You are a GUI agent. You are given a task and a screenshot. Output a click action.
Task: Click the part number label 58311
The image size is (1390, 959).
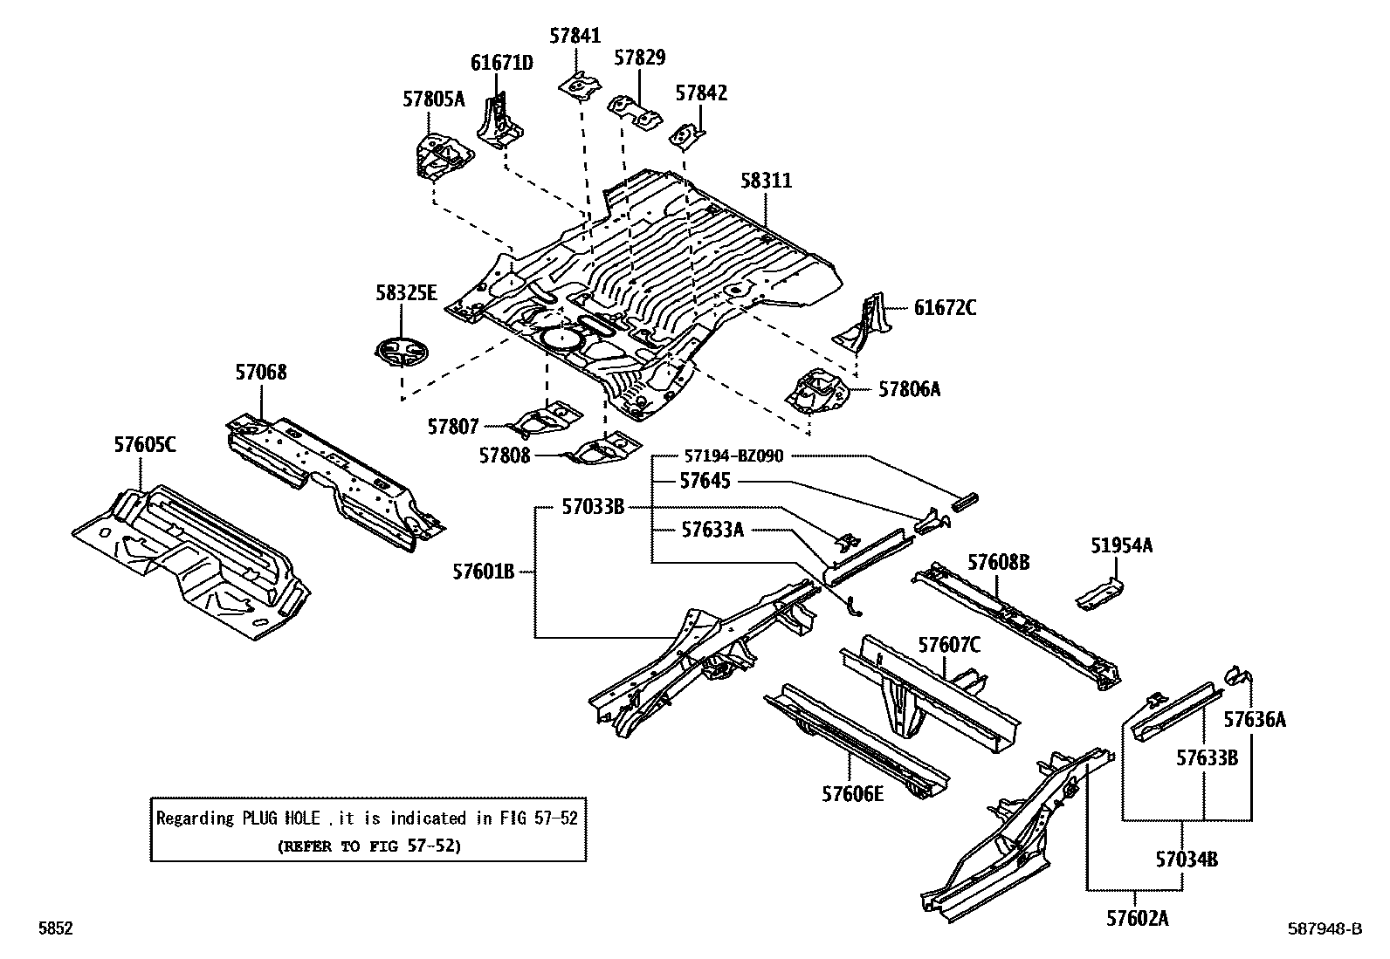coord(766,181)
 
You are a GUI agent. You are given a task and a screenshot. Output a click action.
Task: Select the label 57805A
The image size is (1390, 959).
coord(434,99)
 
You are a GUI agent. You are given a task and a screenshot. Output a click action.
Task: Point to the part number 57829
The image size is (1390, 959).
coord(639,58)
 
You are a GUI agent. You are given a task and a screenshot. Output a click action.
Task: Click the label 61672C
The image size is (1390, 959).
coord(946,307)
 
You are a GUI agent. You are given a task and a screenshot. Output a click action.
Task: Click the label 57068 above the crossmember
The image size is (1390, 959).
coord(260,373)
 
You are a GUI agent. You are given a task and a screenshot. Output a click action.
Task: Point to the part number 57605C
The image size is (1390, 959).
coord(144,444)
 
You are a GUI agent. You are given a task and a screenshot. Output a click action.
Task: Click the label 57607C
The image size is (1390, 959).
coord(948,645)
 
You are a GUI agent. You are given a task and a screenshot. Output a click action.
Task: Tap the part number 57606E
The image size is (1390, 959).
coord(852,793)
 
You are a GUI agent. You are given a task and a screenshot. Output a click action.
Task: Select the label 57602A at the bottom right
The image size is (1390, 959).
coord(1137,918)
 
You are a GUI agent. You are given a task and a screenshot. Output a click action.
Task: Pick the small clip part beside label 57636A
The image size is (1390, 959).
coord(1238,674)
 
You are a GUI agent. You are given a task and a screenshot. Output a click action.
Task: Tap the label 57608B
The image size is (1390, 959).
coord(998,563)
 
